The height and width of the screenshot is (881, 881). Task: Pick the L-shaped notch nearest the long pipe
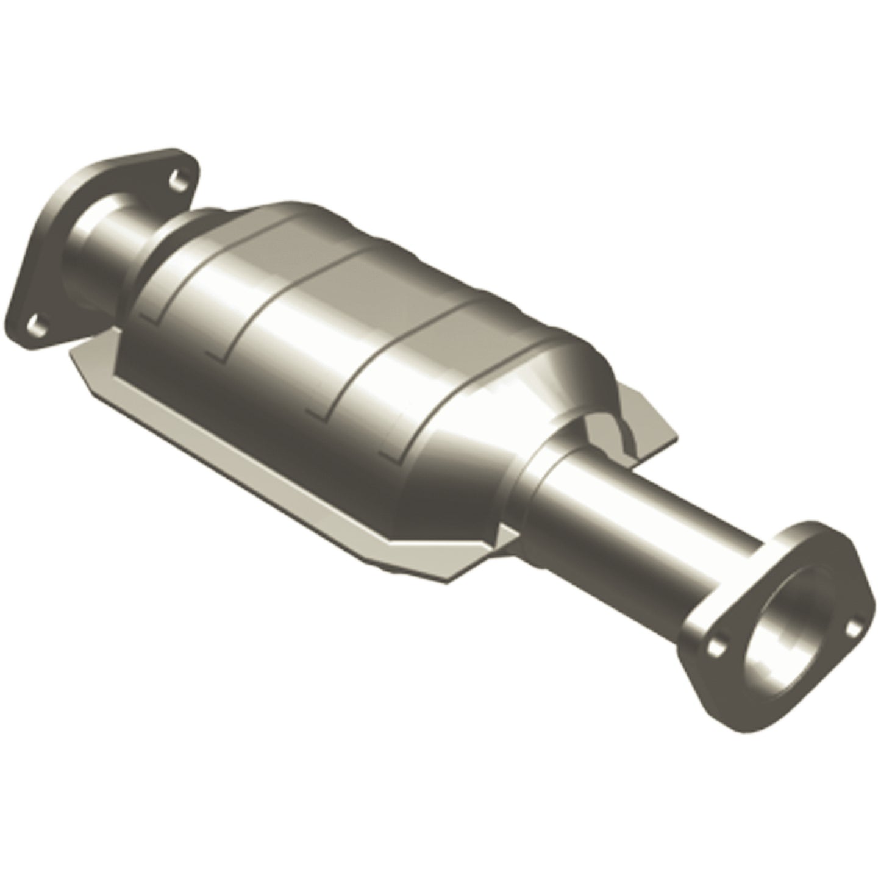coord(390,451)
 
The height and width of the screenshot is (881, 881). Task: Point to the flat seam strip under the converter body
coord(256,463)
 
